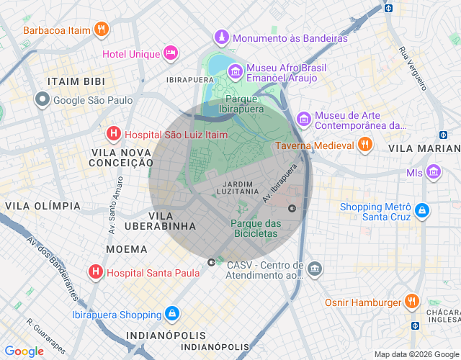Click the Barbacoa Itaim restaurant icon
pyautogui.click(x=102, y=30)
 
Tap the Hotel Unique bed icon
pyautogui.click(x=170, y=53)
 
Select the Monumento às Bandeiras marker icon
pyautogui.click(x=222, y=37)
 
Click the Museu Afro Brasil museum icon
pyautogui.click(x=235, y=71)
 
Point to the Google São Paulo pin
pyautogui.click(x=43, y=100)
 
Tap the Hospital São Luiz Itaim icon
pyautogui.click(x=114, y=133)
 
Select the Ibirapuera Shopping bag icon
pyautogui.click(x=172, y=314)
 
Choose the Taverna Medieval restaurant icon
pyautogui.click(x=365, y=145)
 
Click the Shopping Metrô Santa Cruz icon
pyautogui.click(x=423, y=212)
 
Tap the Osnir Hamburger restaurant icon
pyautogui.click(x=411, y=302)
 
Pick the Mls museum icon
pyautogui.click(x=433, y=172)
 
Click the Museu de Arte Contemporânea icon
pyautogui.click(x=304, y=118)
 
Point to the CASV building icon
pyautogui.click(x=315, y=269)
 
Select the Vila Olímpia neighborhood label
pyautogui.click(x=43, y=206)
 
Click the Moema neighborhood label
pyautogui.click(x=127, y=248)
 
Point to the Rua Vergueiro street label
pyautogui.click(x=413, y=68)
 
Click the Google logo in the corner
pyautogui.click(x=24, y=351)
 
